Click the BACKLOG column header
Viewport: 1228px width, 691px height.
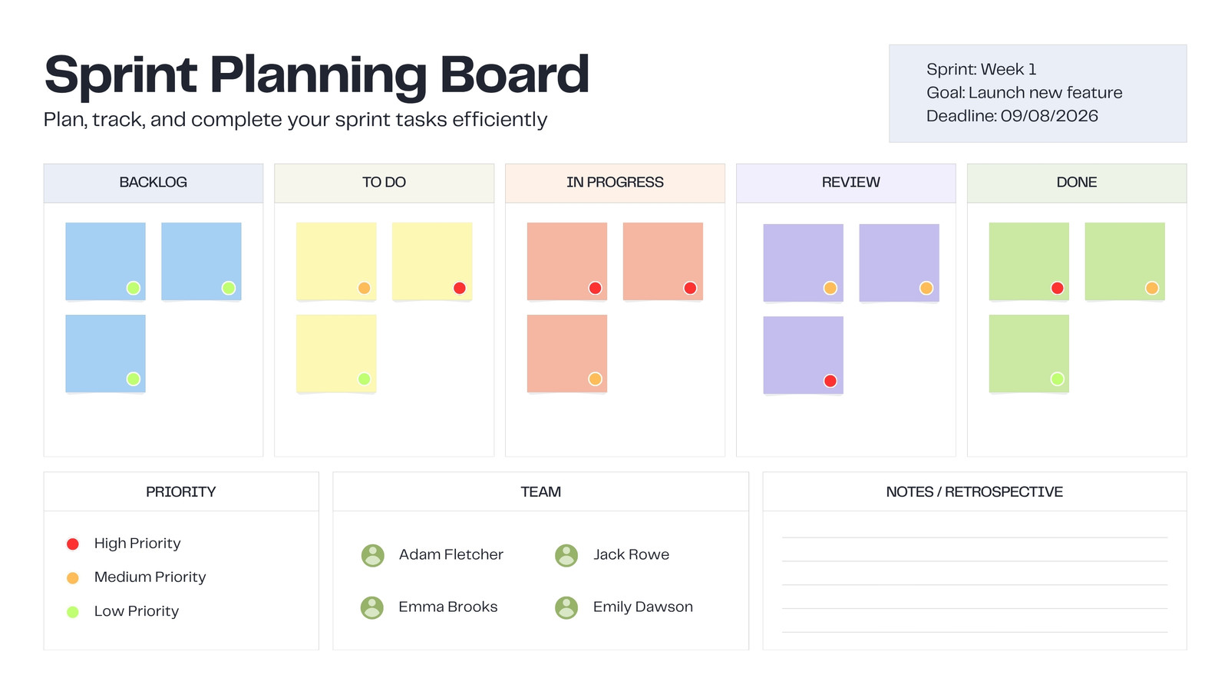click(x=153, y=183)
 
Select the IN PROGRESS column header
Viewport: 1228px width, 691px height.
click(x=615, y=183)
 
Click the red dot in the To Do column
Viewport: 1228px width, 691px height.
click(x=460, y=288)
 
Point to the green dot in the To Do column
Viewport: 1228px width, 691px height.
click(x=364, y=379)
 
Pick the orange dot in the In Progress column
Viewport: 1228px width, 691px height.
click(x=595, y=379)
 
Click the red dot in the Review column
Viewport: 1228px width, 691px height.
click(x=830, y=381)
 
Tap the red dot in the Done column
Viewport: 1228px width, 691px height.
click(x=1057, y=288)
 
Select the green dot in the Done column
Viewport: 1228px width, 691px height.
click(x=1057, y=379)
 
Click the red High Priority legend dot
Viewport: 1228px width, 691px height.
click(x=72, y=544)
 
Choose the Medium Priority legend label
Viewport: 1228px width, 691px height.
click(x=150, y=577)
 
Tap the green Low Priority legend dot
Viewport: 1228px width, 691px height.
click(x=72, y=612)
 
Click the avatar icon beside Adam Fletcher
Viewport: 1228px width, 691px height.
click(x=373, y=556)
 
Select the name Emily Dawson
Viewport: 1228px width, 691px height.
click(x=642, y=607)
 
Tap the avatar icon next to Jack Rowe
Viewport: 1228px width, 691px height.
click(x=566, y=556)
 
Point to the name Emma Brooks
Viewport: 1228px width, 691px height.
click(x=448, y=607)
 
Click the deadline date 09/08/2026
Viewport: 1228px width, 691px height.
click(x=1049, y=116)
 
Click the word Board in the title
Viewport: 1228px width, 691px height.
click(x=515, y=74)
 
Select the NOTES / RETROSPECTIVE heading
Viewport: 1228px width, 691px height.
click(x=974, y=492)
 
